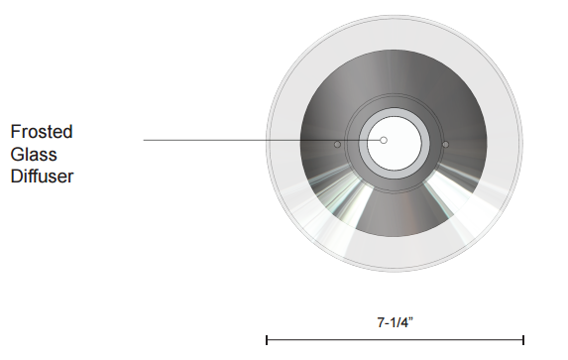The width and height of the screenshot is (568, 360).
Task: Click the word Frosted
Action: [42, 132]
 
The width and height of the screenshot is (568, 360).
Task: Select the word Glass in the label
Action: [34, 155]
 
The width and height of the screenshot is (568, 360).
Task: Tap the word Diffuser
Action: [42, 177]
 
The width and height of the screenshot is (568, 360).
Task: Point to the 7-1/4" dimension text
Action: [396, 322]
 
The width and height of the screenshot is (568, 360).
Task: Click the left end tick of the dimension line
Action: [267, 340]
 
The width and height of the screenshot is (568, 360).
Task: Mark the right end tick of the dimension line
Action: [523, 340]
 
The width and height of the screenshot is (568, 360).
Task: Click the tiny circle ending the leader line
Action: [384, 140]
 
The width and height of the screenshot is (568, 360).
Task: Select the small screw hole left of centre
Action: [337, 145]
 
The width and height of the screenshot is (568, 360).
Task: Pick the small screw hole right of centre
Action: [445, 145]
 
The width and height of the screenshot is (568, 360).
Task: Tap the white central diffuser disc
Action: [395, 143]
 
